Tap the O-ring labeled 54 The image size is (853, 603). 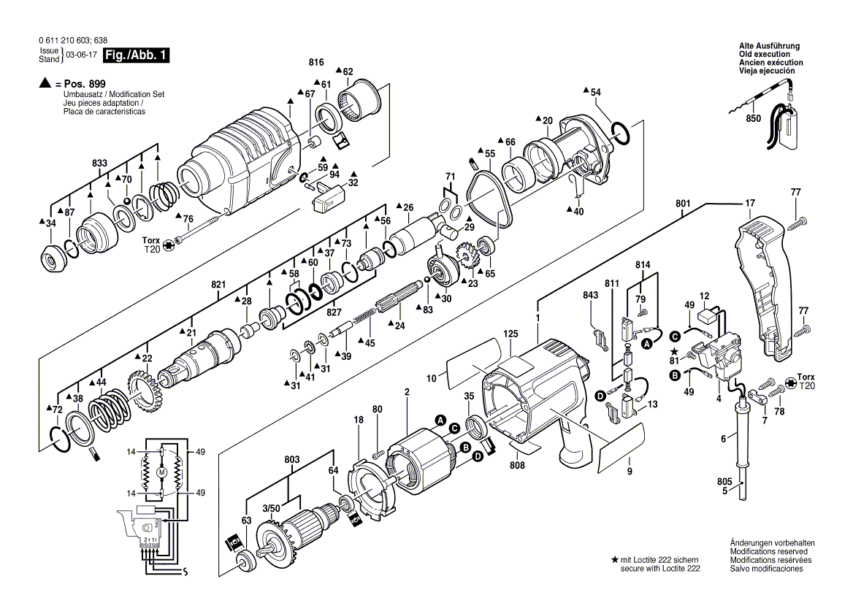point(619,132)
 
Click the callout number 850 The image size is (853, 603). point(753,118)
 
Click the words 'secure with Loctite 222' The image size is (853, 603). point(661,568)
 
